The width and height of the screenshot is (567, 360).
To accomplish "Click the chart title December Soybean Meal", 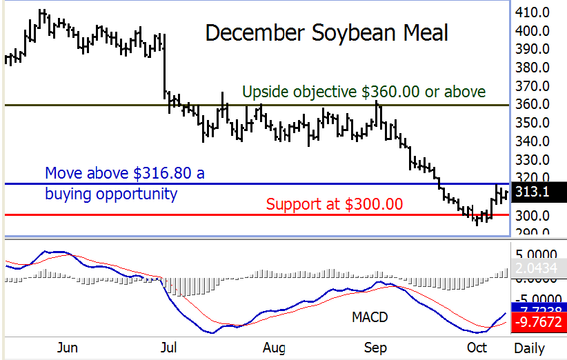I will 327,33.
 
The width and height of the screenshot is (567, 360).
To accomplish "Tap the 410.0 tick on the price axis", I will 537,12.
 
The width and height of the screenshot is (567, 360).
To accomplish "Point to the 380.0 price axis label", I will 537,68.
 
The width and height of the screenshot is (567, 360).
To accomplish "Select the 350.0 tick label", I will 537,123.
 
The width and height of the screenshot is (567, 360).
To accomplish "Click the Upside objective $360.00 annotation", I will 364,92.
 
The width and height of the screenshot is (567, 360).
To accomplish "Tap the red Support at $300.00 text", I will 335,204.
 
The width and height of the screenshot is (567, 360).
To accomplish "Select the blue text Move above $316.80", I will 125,173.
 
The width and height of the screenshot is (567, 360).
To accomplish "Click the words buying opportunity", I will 111,194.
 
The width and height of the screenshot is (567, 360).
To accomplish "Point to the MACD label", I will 369,317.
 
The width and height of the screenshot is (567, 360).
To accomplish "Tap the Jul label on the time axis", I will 167,348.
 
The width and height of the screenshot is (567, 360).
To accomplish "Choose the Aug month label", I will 274,348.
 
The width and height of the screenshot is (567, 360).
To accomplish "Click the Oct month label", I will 476,348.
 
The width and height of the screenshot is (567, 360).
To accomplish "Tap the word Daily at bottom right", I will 529,348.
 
